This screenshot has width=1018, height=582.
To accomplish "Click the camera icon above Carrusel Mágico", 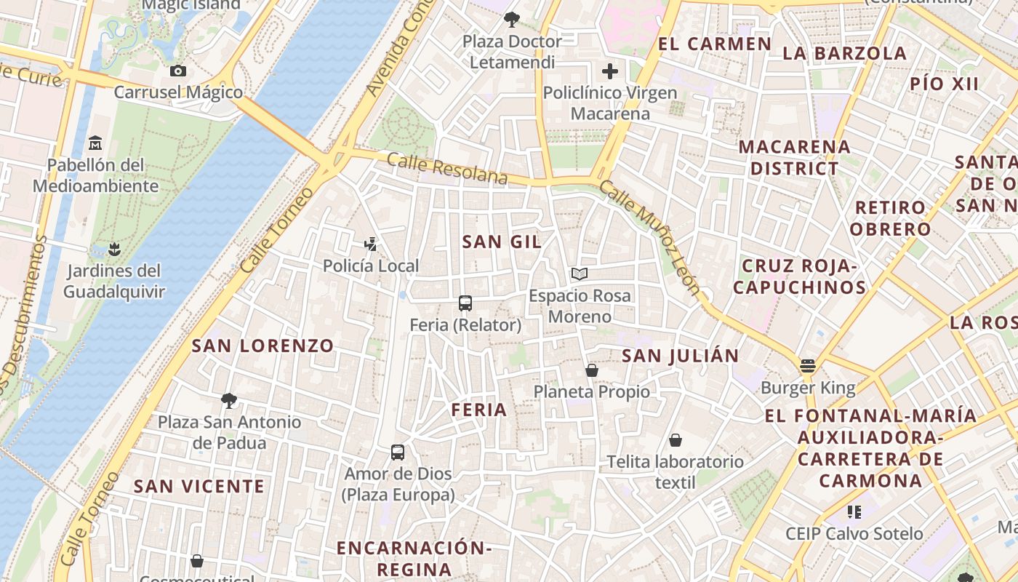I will point(177,71).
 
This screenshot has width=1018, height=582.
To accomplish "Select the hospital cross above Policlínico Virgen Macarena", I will point(610,71).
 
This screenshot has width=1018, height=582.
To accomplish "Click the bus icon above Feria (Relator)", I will point(465,303).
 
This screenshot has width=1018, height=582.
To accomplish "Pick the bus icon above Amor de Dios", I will point(398,453).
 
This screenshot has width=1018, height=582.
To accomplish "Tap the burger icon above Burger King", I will point(808,365).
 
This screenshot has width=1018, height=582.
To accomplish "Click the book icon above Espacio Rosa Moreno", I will point(580,274).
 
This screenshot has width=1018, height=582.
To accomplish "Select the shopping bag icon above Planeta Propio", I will point(592,370).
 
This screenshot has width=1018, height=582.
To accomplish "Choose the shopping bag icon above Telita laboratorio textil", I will point(676,440).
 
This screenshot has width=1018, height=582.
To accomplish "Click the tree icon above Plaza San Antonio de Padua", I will point(229,400).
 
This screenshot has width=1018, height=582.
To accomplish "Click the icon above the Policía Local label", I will point(372,244).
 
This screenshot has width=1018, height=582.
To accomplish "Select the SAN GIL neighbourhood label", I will point(502,242).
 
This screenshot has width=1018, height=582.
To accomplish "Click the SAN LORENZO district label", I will point(262,346).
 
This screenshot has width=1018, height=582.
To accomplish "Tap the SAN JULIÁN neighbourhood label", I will point(681,356).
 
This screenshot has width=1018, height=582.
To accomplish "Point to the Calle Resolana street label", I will point(447,168).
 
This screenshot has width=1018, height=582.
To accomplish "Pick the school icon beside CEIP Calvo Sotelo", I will point(854,512).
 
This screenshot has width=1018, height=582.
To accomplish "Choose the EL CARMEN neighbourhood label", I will point(714,44).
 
